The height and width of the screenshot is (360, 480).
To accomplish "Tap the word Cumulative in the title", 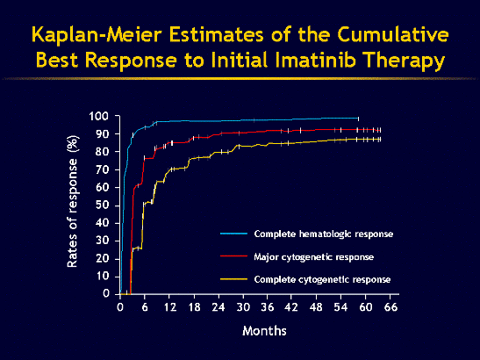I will pos(383,36).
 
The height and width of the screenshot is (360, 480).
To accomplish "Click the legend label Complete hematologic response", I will pos(323,234).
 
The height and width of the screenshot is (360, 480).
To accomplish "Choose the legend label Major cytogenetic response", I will pos(315,256).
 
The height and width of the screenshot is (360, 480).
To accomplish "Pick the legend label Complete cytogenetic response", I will pos(322,278).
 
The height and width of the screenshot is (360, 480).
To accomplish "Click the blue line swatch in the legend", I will pos(233,234).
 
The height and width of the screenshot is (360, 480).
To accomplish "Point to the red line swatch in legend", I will pos(233,256).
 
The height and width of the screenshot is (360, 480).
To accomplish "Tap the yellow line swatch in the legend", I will pos(233,278).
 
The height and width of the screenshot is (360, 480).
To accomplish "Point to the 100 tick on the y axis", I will pos(100,117).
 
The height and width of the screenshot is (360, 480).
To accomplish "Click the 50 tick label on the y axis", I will pos(104,205).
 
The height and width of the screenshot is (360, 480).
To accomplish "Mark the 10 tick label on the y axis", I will pos(104,276).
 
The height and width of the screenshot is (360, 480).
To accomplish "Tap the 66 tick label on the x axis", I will pos(391,307).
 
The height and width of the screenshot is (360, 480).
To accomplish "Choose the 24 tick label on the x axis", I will pos(219,307).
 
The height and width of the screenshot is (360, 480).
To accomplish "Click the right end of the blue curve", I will pos(358,118).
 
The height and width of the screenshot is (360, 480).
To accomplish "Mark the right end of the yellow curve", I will pos(380,139).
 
